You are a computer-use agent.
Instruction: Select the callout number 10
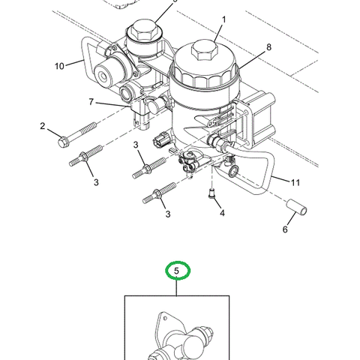pyautogui.click(x=60, y=66)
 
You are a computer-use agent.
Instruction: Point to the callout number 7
pyautogui.click(x=91, y=101)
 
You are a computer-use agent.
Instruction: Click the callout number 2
pyautogui.click(x=43, y=126)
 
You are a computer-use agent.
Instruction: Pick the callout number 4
pyautogui.click(x=222, y=213)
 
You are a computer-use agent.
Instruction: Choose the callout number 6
pyautogui.click(x=284, y=229)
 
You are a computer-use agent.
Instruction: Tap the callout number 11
pyautogui.click(x=295, y=182)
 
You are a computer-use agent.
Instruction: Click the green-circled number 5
pyautogui.click(x=178, y=271)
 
